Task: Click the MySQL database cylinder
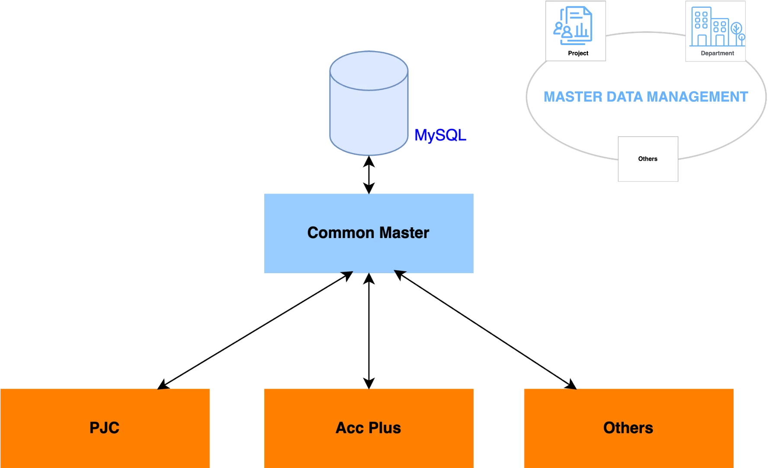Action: click(369, 103)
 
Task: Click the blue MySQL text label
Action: click(440, 135)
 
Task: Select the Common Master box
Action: click(369, 233)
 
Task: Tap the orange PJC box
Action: click(105, 428)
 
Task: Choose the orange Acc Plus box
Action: click(369, 428)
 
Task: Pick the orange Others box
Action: click(629, 428)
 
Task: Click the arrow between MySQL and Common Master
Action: click(369, 175)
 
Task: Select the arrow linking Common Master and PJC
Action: click(255, 330)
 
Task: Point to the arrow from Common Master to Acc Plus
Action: click(369, 331)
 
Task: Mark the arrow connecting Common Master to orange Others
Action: click(485, 330)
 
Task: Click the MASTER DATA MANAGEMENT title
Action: click(646, 97)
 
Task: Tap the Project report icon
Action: click(573, 26)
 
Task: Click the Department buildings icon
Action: click(717, 26)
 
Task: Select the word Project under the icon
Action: click(578, 53)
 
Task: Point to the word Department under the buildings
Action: click(718, 53)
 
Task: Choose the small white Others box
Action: click(648, 159)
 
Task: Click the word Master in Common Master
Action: click(405, 233)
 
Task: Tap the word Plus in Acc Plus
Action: click(384, 428)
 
